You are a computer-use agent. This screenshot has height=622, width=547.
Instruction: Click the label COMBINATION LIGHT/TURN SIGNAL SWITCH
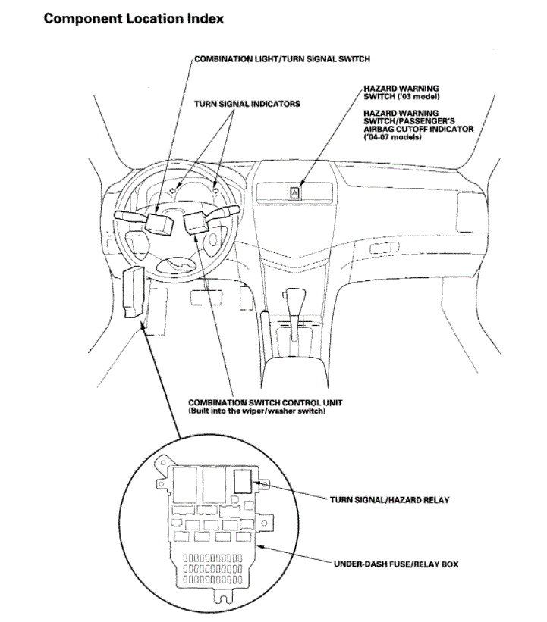tap(282, 58)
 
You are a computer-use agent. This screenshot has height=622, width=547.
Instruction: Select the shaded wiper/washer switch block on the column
tap(196, 223)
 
